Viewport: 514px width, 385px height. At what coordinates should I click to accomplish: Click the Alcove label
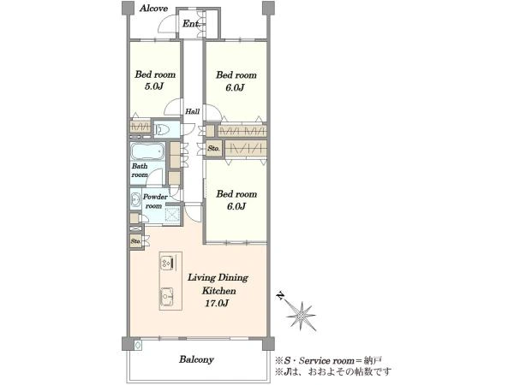coord(153,9)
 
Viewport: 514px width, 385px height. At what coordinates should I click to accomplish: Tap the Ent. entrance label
coord(191,24)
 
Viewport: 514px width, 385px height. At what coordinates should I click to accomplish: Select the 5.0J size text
coord(154,86)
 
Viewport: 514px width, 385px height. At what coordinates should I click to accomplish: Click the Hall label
coord(193,111)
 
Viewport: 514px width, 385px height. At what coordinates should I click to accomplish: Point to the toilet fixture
coord(161,130)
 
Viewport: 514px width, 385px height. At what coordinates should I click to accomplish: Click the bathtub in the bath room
coord(147,151)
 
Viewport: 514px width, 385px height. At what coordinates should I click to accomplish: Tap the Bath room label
coord(140,170)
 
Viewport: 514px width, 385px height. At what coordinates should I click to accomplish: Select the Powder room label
coord(155,201)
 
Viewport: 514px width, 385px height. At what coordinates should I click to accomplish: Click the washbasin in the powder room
coord(135,199)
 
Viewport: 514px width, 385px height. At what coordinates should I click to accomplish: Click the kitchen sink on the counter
coord(167,296)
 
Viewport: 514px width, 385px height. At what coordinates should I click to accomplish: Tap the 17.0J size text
coord(217,304)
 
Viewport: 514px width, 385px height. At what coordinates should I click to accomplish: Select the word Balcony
coord(196,359)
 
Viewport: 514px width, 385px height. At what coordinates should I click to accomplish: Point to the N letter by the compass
coord(280,296)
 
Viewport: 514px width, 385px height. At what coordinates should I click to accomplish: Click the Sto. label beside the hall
coord(213,148)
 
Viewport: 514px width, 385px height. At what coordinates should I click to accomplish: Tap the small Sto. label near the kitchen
coord(135,241)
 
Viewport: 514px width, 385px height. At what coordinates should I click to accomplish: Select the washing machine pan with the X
coord(173,215)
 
